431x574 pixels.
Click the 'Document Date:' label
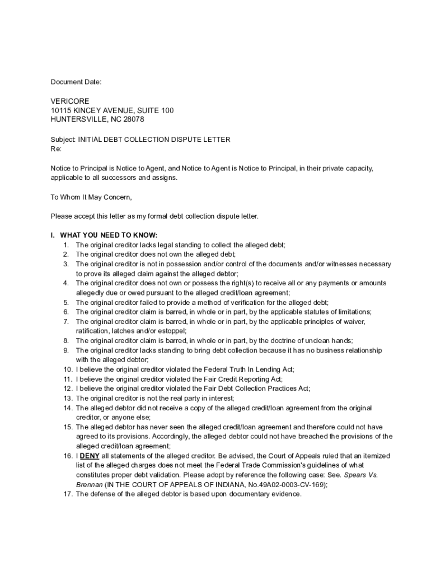click(x=76, y=82)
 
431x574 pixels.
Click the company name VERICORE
click(x=70, y=101)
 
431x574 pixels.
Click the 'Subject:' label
click(x=63, y=140)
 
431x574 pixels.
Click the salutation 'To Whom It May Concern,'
click(x=91, y=197)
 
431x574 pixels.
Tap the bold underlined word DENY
click(x=90, y=456)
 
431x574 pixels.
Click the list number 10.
click(x=67, y=369)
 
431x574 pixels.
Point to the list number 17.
click(x=67, y=494)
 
